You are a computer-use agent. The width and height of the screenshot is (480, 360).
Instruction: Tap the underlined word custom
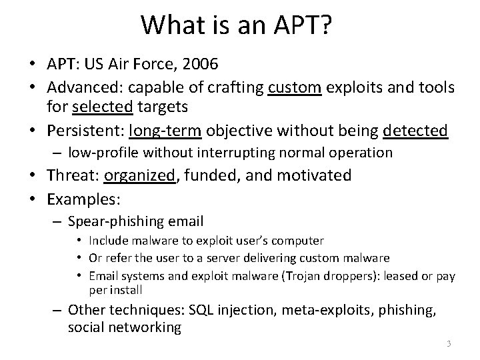(294, 88)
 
